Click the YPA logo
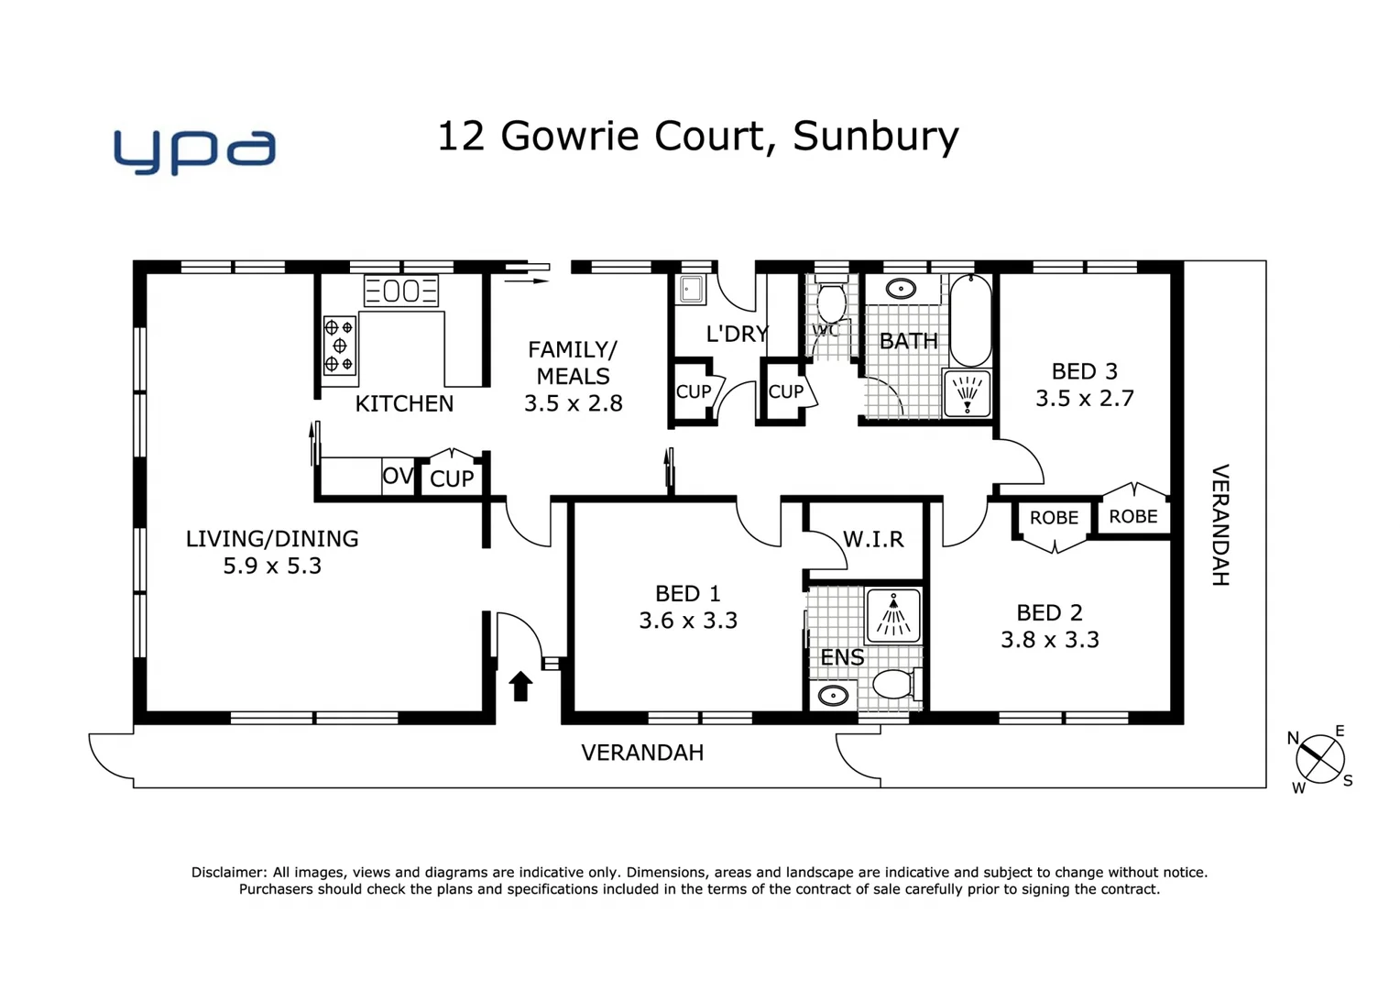point(194,151)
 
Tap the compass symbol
point(1320,760)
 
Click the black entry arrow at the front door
point(520,686)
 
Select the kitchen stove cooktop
point(339,346)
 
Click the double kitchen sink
point(400,291)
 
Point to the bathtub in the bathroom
point(970,320)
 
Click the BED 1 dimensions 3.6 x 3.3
point(688,621)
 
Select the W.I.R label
point(873,539)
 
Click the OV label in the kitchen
point(398,477)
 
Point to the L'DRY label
point(737,334)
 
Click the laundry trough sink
point(692,291)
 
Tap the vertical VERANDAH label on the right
point(1220,524)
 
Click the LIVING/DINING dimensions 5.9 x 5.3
point(272,566)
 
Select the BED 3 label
point(1084,371)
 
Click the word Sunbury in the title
point(875,137)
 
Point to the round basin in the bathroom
point(902,290)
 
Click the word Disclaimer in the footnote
point(228,873)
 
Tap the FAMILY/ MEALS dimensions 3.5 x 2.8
point(573,403)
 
